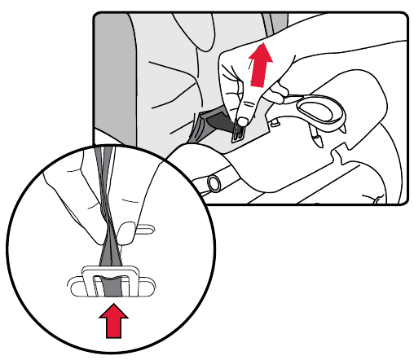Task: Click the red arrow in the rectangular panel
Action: (x=260, y=65)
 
